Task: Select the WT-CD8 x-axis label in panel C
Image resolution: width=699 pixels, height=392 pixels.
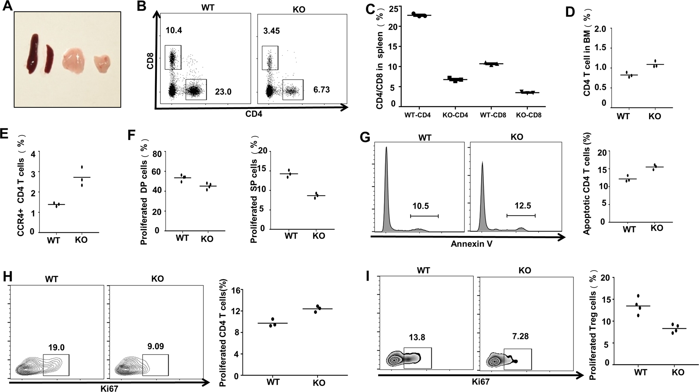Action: [493, 115]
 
